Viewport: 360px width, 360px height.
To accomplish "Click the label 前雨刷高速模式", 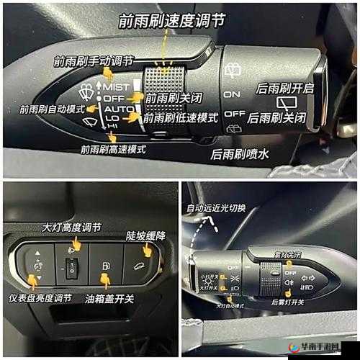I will [113, 149].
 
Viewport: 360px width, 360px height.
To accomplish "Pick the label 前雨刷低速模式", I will [181, 117].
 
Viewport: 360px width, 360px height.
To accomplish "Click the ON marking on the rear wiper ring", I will [232, 94].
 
